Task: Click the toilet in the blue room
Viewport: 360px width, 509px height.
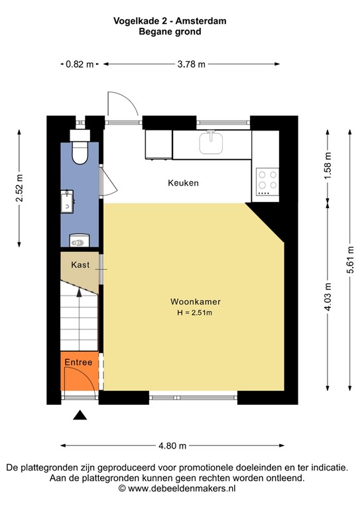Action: pos(80,152)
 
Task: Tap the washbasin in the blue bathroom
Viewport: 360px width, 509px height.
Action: pos(68,201)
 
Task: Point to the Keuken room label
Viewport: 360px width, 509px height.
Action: pos(183,183)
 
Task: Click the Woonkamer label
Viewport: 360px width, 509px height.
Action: pos(194,302)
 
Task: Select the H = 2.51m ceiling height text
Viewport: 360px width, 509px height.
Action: pos(194,313)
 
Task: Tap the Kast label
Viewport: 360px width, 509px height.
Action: pos(80,264)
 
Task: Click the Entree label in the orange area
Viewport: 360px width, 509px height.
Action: pos(78,363)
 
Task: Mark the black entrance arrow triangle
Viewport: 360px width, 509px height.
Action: pos(80,416)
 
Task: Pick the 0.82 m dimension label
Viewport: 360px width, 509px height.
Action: pos(80,64)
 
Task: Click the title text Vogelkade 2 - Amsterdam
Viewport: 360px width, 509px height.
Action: pos(170,21)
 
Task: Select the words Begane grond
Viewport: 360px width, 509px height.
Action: pos(170,31)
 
